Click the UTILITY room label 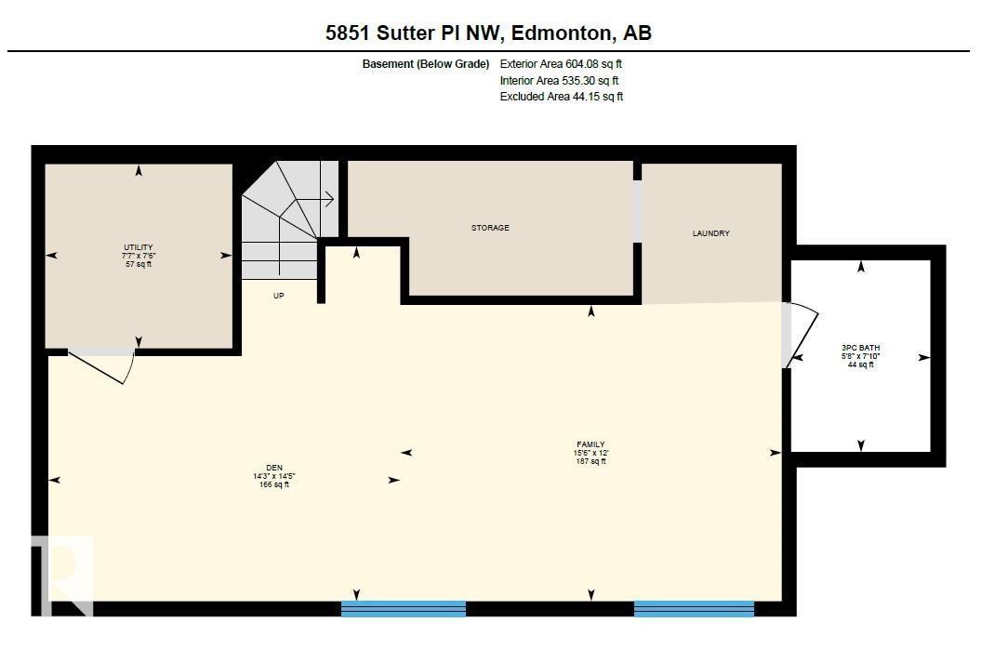139,247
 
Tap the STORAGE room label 490,228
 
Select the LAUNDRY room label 711,233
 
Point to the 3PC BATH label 860,348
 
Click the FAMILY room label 591,444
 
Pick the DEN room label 273,468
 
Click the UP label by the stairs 278,296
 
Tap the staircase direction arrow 325,198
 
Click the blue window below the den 404,609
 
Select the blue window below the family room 694,609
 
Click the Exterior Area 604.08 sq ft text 561,64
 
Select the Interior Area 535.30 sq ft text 559,81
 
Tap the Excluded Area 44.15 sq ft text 562,97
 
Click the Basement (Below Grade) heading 426,64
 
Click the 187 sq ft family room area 591,461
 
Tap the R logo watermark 63,574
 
